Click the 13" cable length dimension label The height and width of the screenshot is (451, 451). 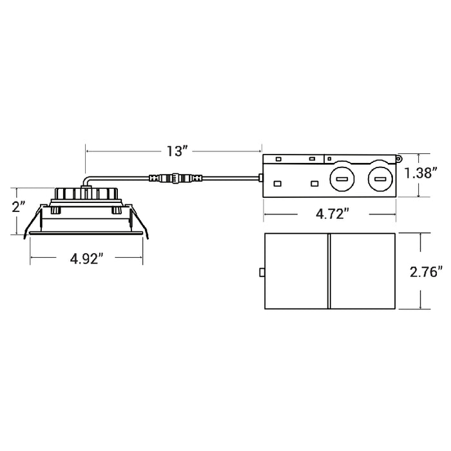click(x=177, y=151)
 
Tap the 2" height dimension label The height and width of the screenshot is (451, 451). click(x=19, y=207)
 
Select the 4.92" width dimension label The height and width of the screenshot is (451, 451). click(x=86, y=258)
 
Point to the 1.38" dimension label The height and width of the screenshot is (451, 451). click(x=421, y=173)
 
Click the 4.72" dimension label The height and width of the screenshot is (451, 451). click(x=332, y=214)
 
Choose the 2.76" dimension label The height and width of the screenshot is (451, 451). click(x=427, y=271)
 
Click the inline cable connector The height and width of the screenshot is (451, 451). click(x=175, y=178)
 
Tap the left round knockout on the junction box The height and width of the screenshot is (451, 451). click(x=341, y=179)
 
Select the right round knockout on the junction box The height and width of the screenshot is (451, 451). click(x=380, y=179)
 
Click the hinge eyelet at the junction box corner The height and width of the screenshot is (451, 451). click(x=398, y=158)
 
